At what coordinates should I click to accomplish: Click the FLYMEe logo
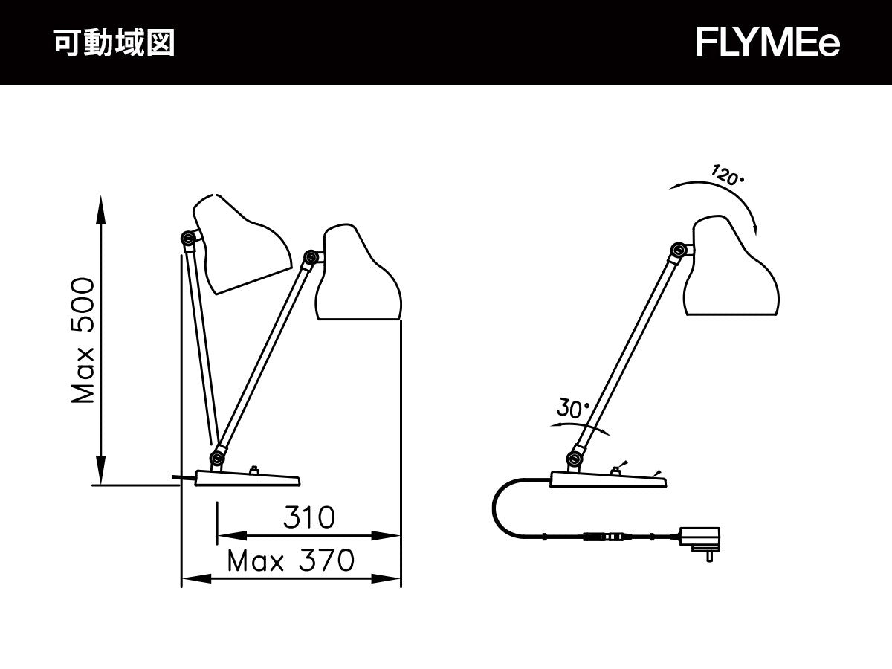click(768, 43)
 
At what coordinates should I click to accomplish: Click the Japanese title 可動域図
click(114, 43)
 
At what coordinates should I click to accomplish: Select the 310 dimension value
click(308, 517)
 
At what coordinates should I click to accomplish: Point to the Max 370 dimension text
click(291, 560)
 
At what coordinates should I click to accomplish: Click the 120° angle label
click(728, 176)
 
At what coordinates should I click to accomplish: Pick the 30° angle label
click(572, 408)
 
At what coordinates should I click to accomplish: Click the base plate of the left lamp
click(246, 478)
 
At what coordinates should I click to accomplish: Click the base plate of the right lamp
click(607, 480)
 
